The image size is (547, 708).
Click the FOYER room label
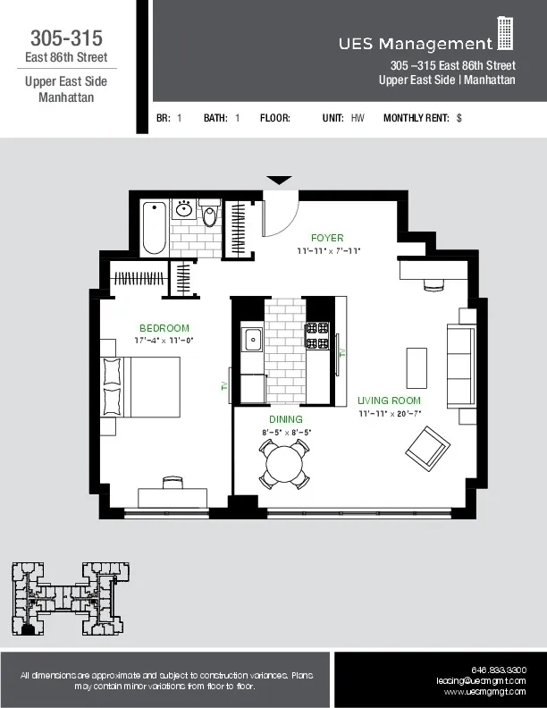pos(327,238)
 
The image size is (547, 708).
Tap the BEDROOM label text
pos(164,328)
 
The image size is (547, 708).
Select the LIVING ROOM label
pos(389,400)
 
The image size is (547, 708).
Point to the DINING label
pos(286,419)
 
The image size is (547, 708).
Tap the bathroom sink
pos(184,210)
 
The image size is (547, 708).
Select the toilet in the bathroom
pos(210,215)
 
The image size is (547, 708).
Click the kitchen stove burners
pos(317,335)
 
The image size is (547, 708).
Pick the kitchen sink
pos(253,340)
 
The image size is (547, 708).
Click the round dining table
pos(285,462)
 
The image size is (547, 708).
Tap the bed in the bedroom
pos(143,386)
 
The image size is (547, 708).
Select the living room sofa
pos(460,367)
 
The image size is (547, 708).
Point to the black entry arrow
pos(280,181)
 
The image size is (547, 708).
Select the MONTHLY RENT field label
pos(417,118)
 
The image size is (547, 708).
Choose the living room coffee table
pos(417,367)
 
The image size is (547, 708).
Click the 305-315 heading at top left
pos(66,38)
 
